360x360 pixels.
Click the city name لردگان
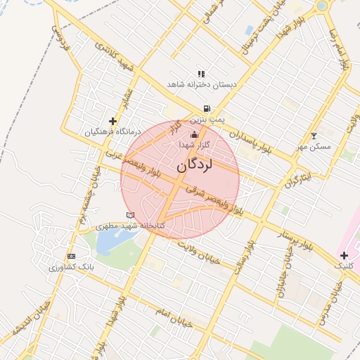(195, 166)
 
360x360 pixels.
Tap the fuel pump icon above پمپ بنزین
(205, 109)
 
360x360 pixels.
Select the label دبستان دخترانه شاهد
(202, 84)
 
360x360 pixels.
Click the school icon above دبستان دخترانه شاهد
(201, 73)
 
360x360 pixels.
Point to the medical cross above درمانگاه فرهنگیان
(112, 122)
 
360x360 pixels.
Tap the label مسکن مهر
(314, 146)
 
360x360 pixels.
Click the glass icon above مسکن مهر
(314, 136)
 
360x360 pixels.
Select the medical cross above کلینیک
(344, 255)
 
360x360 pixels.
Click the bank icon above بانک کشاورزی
(71, 256)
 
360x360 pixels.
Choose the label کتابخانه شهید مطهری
(130, 225)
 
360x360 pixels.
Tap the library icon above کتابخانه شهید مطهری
(129, 214)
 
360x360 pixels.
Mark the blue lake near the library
(109, 242)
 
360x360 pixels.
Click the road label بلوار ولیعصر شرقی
(215, 200)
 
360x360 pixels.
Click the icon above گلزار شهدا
(194, 134)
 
